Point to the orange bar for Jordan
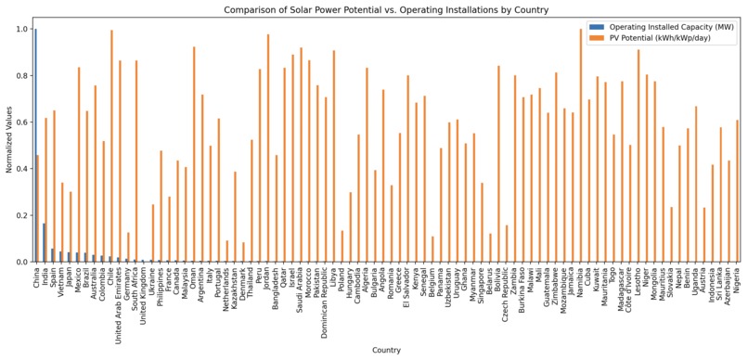click(x=268, y=148)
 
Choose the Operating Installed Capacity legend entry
click(x=668, y=28)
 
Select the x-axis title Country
click(x=386, y=350)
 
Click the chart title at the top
click(x=386, y=9)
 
